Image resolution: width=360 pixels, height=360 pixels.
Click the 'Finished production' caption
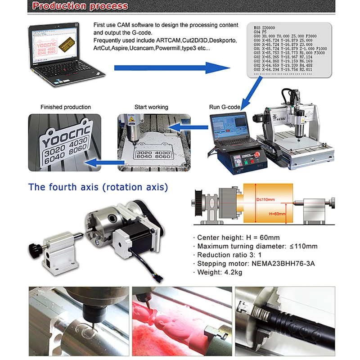coord(66,107)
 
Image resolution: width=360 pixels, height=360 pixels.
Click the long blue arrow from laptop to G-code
coord(171,67)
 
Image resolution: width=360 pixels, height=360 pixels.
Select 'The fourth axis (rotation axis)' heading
coord(98,187)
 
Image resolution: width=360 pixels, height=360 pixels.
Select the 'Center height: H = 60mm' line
coord(238,238)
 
